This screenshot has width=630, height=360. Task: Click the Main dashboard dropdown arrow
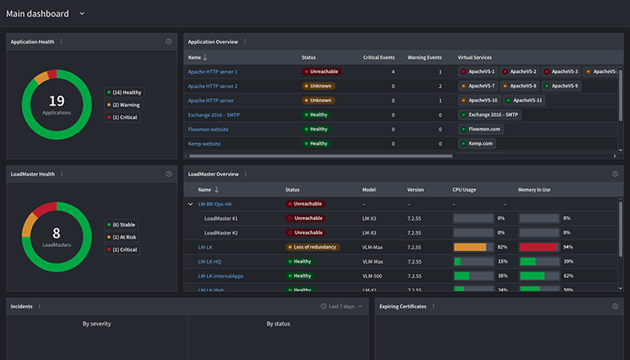coord(82,14)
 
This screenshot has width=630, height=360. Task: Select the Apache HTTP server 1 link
coord(213,72)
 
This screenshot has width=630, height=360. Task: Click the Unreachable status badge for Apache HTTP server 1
coord(322,72)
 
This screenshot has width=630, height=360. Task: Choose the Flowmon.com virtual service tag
coord(481,129)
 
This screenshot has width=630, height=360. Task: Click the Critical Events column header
coord(379,57)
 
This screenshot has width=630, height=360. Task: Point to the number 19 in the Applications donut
coord(56,101)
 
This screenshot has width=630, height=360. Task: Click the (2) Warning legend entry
coord(123,105)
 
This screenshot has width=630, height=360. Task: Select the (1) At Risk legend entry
coord(123,236)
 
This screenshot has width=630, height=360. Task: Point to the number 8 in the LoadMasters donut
coord(56,233)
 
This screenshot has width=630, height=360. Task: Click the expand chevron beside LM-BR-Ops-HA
coord(191,204)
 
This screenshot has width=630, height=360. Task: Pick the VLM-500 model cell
coord(374,276)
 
